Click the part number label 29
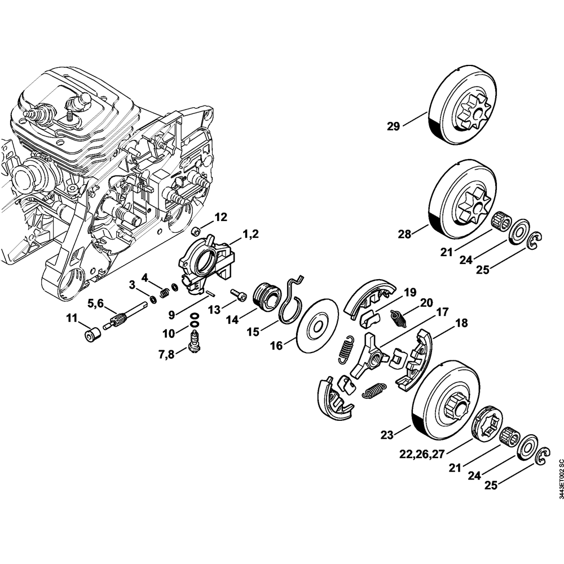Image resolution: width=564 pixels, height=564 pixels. click(393, 126)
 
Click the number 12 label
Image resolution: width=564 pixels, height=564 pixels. click(221, 217)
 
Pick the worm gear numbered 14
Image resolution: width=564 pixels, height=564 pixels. click(266, 296)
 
